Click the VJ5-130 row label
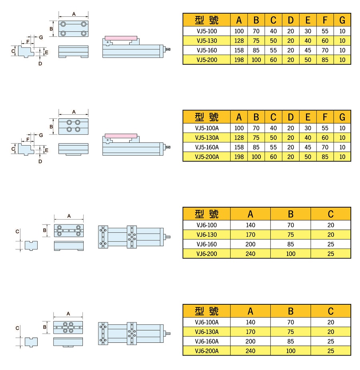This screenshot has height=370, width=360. (207, 40)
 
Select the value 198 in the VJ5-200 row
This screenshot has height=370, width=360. (239, 60)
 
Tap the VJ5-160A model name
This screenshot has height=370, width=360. (207, 147)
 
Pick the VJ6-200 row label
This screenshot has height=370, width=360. (207, 254)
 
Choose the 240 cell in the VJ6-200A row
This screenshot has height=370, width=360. (250, 351)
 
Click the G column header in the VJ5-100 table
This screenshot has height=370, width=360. (342, 20)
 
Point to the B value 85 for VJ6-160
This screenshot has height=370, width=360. (290, 244)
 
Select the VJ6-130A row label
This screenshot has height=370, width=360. (207, 332)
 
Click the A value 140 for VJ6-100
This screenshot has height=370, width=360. (250, 225)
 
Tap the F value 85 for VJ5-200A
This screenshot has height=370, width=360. (325, 157)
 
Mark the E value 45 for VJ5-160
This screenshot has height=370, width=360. (308, 50)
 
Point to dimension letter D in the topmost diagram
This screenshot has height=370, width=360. (40, 64)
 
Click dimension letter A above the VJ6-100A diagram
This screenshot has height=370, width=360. (68, 313)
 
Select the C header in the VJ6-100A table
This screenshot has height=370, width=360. (330, 311)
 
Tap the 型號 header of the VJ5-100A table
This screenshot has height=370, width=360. (207, 117)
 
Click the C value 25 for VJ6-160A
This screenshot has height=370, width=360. (330, 341)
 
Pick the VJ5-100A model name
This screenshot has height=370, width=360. (207, 128)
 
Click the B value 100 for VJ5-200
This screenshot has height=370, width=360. (256, 60)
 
